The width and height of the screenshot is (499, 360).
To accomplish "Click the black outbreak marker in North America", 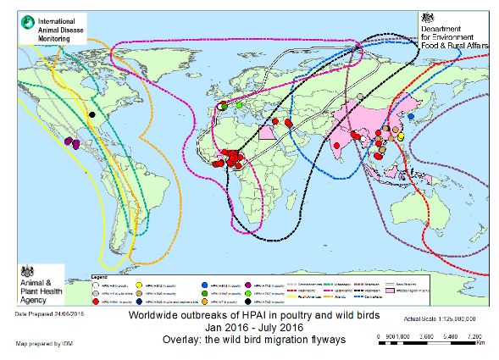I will [x=92, y=113].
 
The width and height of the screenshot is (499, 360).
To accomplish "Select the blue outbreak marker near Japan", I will [x=412, y=117].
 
